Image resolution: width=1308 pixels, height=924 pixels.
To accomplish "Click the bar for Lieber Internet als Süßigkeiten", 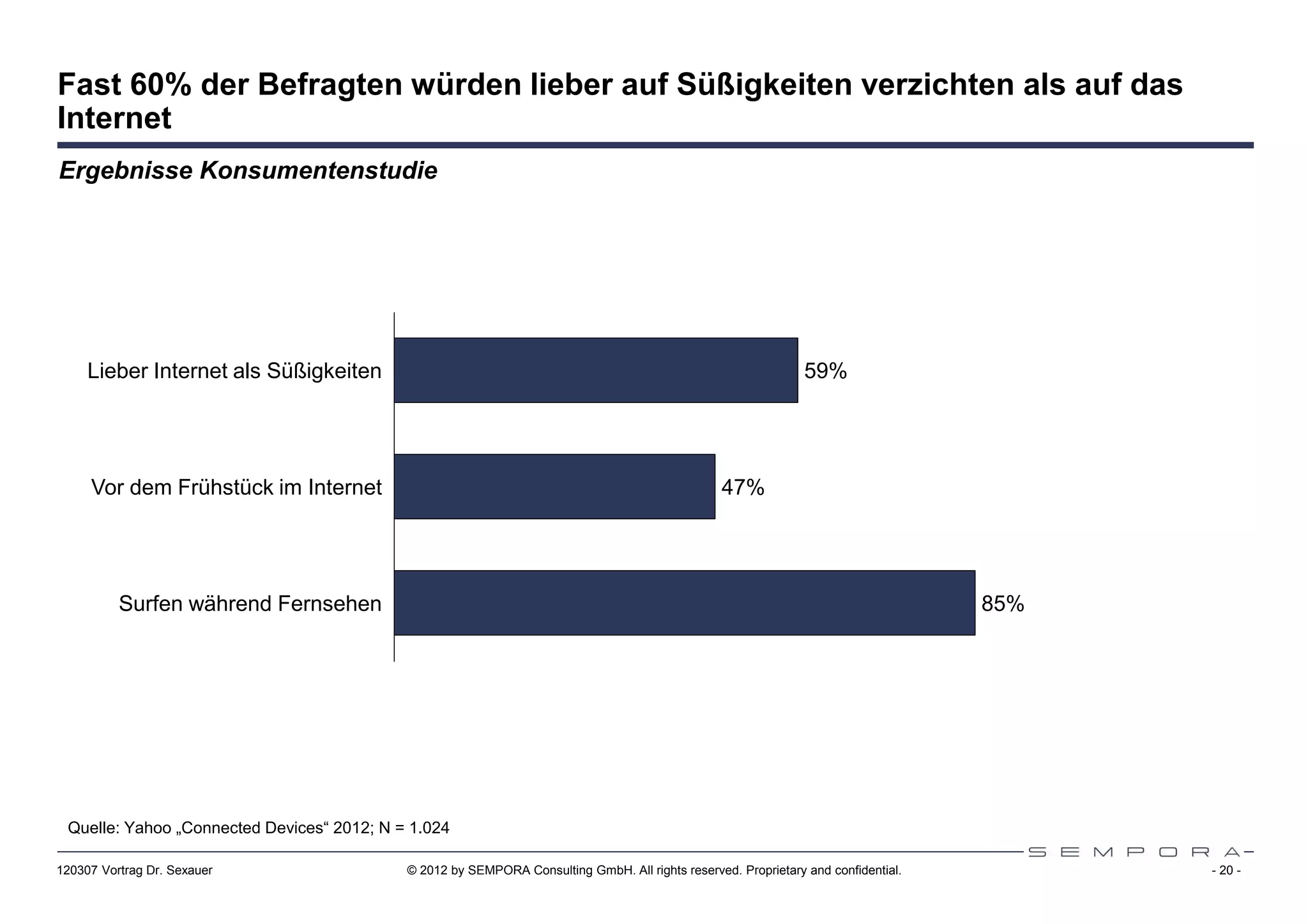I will click(x=595, y=370).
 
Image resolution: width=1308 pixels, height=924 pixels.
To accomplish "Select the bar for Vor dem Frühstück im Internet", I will click(x=554, y=487).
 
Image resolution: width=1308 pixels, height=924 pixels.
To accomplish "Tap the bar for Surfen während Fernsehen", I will click(x=684, y=603).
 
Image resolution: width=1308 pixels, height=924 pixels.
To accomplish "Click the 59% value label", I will click(x=825, y=371).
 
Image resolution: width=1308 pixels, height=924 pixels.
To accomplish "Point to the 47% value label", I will click(x=743, y=488).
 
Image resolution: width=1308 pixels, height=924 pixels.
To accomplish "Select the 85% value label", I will click(x=1003, y=604).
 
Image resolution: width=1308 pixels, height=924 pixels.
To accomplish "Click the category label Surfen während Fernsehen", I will click(x=250, y=604).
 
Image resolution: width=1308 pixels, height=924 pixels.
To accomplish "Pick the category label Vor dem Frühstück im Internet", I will click(x=236, y=488).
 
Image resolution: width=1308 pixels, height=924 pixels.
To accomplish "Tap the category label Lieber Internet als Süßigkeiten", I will click(x=234, y=371).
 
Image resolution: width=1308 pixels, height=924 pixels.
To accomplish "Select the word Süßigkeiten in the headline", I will click(x=764, y=85).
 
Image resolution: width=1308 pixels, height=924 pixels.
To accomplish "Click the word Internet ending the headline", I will click(x=114, y=118).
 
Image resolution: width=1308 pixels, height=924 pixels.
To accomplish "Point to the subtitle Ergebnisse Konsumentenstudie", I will click(x=248, y=170).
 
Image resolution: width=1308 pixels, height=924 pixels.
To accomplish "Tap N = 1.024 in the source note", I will click(x=414, y=828).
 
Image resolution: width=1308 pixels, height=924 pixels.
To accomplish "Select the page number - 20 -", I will click(x=1226, y=871).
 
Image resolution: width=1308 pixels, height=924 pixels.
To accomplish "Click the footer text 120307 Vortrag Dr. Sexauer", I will click(x=135, y=871).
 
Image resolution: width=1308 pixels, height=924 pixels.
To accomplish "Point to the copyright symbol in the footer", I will click(x=412, y=871).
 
